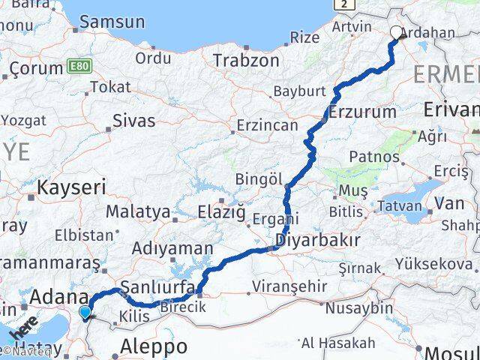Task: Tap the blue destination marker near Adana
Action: click(85, 312)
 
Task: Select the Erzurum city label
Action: click(362, 112)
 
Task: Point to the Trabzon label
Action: click(241, 59)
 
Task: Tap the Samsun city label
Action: click(112, 22)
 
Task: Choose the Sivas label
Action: click(133, 120)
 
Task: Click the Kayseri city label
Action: click(72, 187)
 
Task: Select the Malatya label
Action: click(138, 211)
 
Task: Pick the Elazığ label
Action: click(221, 211)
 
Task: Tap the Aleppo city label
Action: click(154, 346)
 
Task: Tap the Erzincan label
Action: click(267, 124)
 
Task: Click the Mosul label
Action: click(450, 352)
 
